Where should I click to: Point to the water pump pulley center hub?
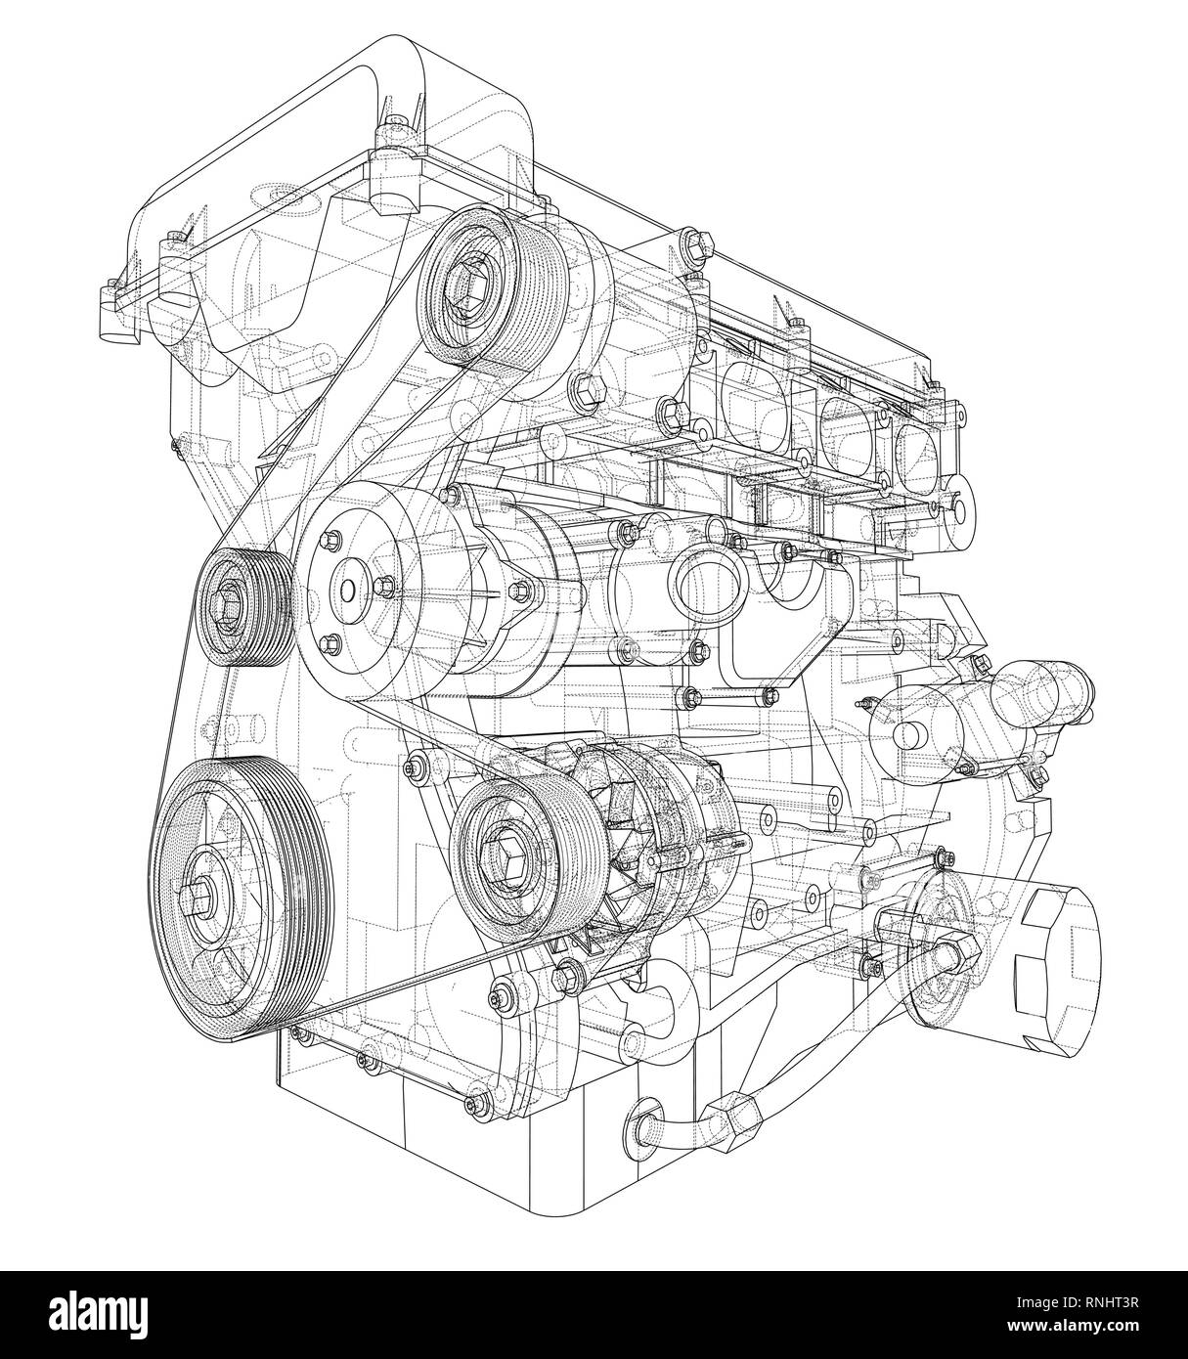[x=346, y=591]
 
